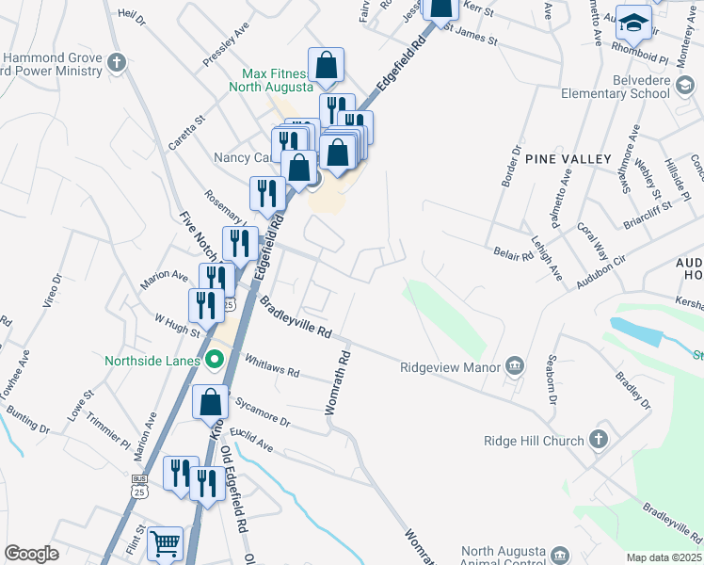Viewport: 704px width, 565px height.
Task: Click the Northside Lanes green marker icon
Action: pyautogui.click(x=215, y=360)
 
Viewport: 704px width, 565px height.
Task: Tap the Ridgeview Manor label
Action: pyautogui.click(x=449, y=367)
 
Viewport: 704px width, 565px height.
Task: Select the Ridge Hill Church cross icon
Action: pyautogui.click(x=599, y=440)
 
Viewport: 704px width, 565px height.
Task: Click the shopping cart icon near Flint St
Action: pyautogui.click(x=165, y=543)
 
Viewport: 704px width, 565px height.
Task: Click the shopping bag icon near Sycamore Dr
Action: pyautogui.click(x=210, y=402)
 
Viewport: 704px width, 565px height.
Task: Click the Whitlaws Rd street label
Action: pyautogui.click(x=271, y=365)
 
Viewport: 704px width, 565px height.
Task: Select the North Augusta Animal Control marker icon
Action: pyautogui.click(x=560, y=554)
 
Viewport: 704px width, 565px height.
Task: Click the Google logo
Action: pyautogui.click(x=31, y=554)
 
